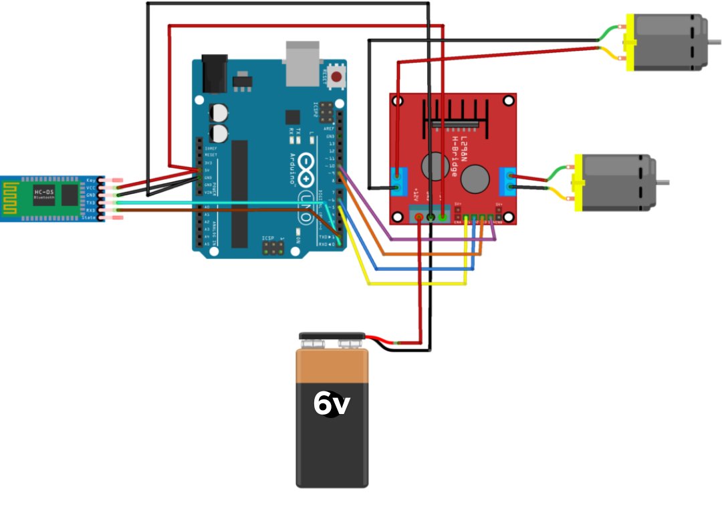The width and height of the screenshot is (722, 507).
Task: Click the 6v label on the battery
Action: click(x=332, y=403)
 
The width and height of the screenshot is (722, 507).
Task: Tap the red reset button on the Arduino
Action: click(x=336, y=77)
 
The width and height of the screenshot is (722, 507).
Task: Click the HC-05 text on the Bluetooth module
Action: click(x=44, y=193)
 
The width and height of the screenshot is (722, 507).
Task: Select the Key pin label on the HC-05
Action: click(x=92, y=181)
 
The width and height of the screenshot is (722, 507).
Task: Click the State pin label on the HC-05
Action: click(x=90, y=217)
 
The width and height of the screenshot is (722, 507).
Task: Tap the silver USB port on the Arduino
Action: click(x=305, y=64)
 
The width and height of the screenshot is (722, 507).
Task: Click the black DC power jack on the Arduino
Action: click(x=215, y=74)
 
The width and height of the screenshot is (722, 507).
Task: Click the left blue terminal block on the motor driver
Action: click(x=399, y=181)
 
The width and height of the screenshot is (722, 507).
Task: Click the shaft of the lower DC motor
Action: click(x=662, y=183)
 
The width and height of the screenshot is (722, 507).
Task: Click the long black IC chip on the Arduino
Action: click(x=239, y=193)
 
